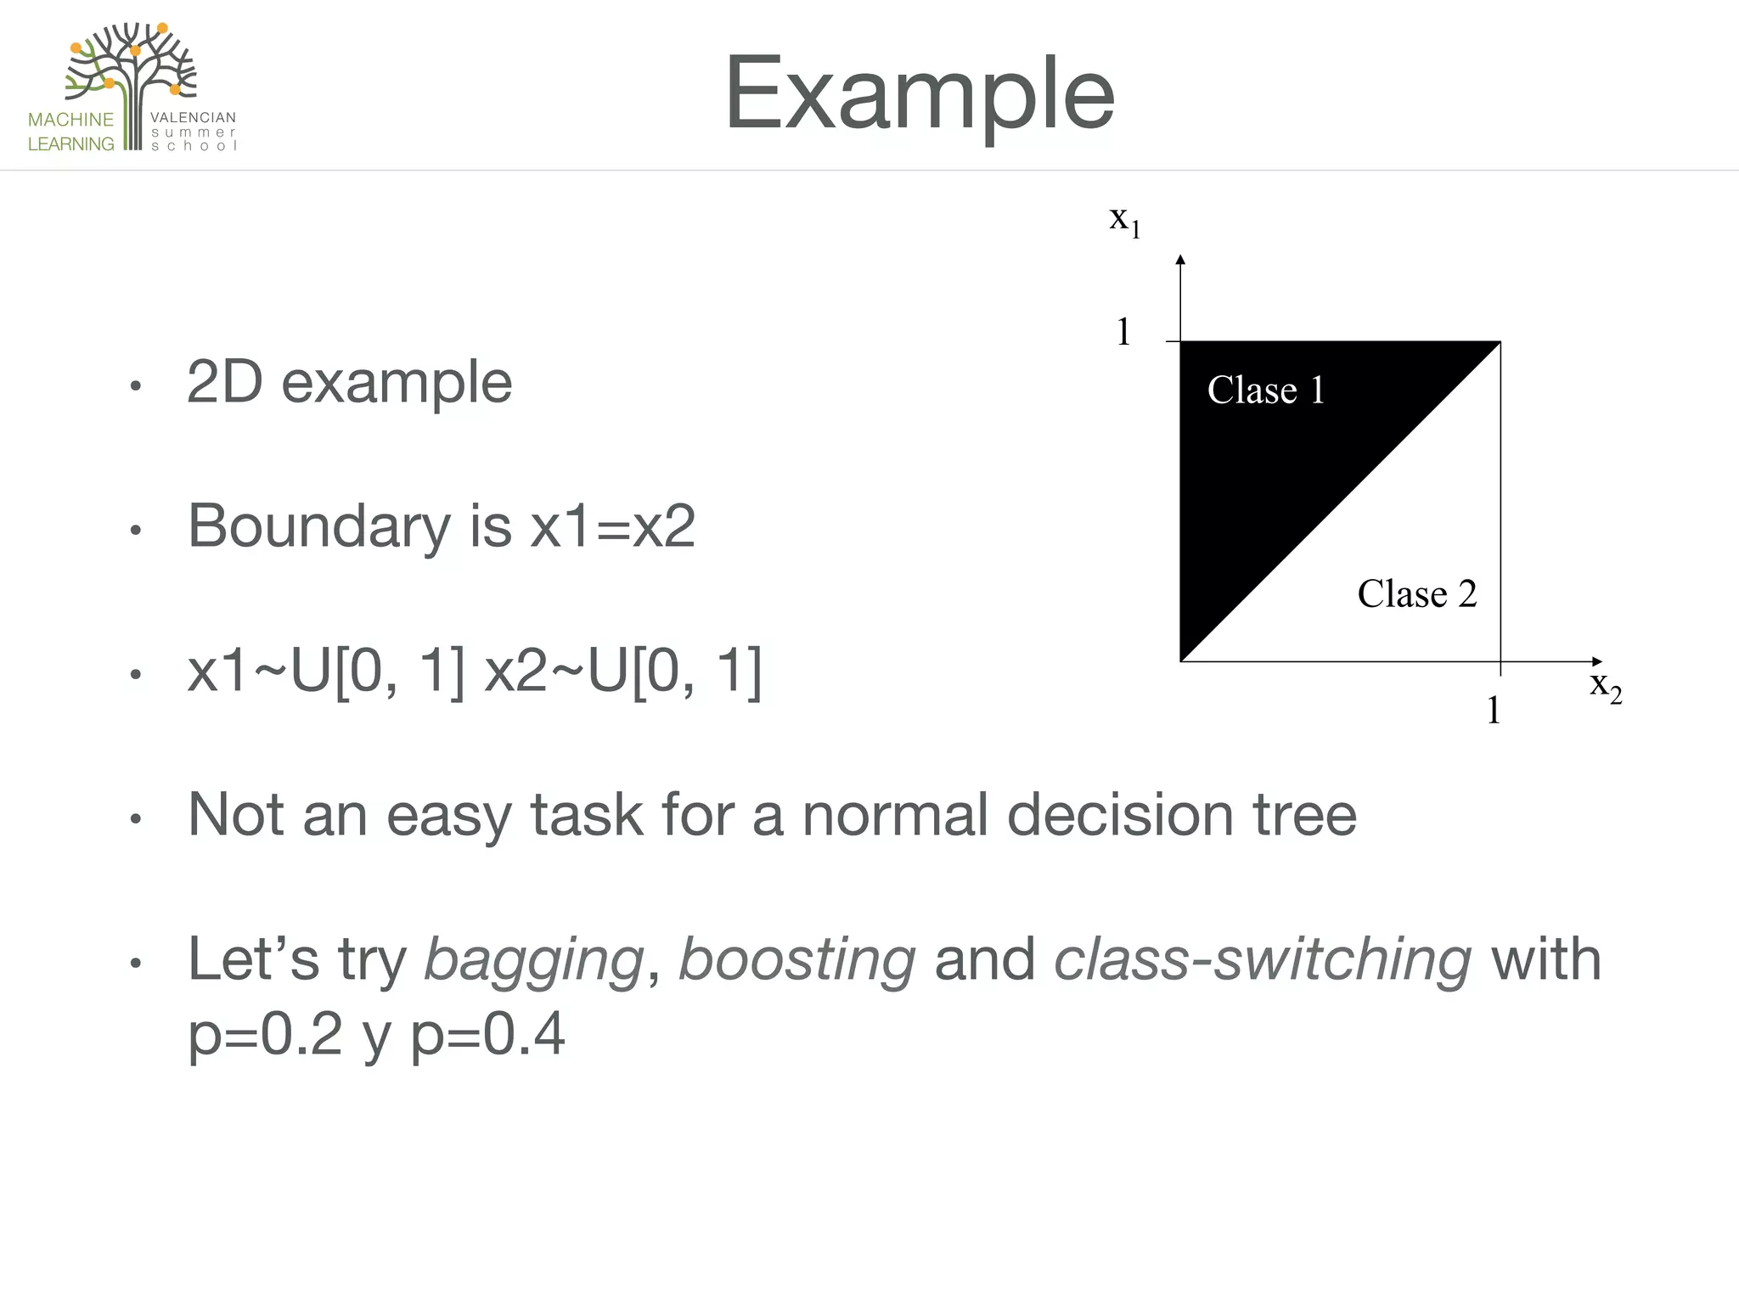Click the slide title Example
tap(919, 93)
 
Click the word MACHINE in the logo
tap(70, 120)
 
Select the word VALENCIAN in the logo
tap(193, 118)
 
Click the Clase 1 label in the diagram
tap(1265, 391)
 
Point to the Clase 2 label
tap(1416, 593)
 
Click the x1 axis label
tap(1124, 220)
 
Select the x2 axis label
tap(1605, 685)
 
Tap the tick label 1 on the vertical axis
tap(1123, 332)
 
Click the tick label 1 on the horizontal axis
tap(1494, 710)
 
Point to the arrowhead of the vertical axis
tap(1180, 260)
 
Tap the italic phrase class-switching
tap(1262, 959)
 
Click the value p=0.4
tap(487, 1035)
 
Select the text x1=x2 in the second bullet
tap(612, 526)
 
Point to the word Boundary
tap(319, 526)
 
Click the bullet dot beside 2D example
tap(135, 387)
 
